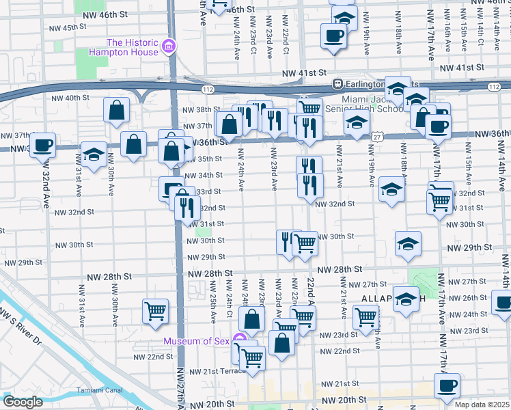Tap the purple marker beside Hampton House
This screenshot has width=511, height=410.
(168, 48)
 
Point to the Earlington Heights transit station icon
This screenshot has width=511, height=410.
(337, 83)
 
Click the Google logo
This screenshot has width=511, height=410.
(23, 402)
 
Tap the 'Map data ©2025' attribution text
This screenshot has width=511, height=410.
(482, 405)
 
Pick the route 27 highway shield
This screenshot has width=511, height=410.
(376, 137)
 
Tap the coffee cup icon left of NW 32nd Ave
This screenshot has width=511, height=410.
(42, 144)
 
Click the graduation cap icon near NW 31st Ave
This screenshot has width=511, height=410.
(94, 154)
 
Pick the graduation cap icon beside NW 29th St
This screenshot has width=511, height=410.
(408, 243)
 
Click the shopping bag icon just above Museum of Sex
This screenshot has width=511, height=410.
(252, 318)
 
